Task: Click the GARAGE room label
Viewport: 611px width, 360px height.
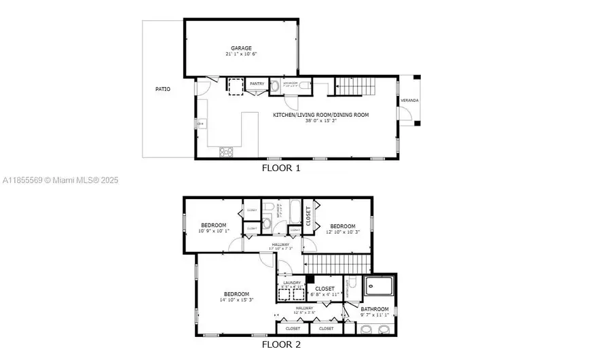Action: (x=241, y=48)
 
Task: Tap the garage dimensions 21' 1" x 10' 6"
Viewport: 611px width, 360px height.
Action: (x=241, y=54)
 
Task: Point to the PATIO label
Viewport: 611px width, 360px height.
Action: (x=163, y=89)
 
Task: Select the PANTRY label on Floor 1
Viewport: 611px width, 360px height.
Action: (x=257, y=84)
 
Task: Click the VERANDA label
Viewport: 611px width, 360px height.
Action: (x=409, y=101)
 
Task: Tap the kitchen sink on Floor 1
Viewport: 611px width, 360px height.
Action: (x=202, y=124)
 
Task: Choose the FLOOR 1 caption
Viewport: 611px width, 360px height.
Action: (x=280, y=167)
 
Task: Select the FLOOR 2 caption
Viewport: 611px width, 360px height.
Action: (x=280, y=344)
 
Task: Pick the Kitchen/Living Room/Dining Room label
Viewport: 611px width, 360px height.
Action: (x=320, y=115)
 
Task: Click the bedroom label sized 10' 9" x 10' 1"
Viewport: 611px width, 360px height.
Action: (x=213, y=226)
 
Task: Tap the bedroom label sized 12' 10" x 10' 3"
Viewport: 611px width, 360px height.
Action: (x=343, y=226)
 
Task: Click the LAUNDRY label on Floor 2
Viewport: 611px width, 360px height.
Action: (x=292, y=283)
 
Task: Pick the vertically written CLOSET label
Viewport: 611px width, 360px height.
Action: (x=308, y=216)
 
